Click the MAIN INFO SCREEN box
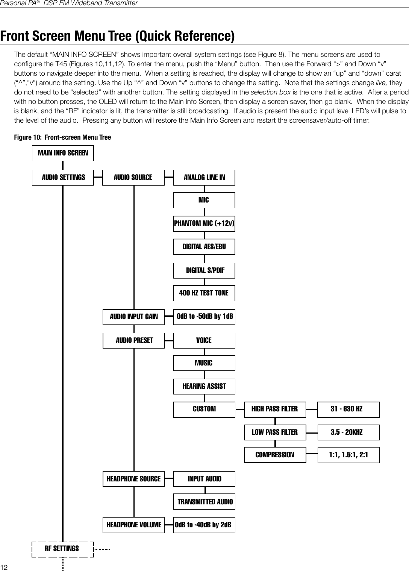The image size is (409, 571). tap(63, 153)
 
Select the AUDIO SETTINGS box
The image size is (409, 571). tap(63, 177)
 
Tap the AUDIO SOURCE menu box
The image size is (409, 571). tap(133, 177)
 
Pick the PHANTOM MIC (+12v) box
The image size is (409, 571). tap(204, 224)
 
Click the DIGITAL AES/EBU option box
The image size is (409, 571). tap(204, 247)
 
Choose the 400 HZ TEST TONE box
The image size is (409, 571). tap(204, 293)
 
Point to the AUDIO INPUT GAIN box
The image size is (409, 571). tap(133, 317)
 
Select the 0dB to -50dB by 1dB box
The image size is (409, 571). tap(204, 317)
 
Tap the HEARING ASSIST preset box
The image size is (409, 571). tap(204, 387)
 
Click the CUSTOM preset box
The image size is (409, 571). tap(204, 409)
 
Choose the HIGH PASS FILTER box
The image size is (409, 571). tap(275, 409)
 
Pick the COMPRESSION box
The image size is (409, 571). tap(275, 455)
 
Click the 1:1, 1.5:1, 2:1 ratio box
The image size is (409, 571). tap(348, 455)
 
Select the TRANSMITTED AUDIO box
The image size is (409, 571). tap(205, 502)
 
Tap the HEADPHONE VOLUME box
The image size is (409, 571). tap(133, 525)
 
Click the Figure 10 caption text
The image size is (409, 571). tap(62, 137)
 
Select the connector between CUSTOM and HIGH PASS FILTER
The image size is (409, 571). tap(240, 409)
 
